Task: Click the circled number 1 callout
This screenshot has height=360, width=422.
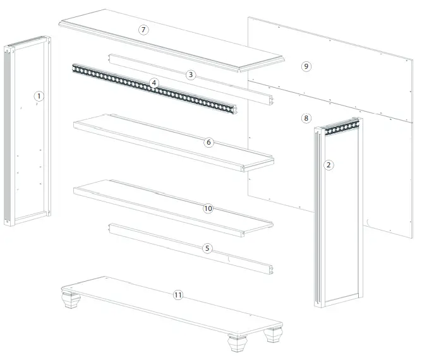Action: pos(39,96)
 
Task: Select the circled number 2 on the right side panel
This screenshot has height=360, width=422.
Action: pos(328,165)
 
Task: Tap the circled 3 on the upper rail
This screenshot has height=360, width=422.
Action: pos(190,75)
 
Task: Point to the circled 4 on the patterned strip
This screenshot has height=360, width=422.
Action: pos(154,83)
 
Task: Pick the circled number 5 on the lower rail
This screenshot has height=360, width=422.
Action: pos(207,248)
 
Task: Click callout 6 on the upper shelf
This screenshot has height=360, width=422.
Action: pos(208,142)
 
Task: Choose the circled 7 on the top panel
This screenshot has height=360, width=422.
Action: pos(144,30)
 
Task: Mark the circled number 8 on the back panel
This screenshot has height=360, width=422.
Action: pos(306,117)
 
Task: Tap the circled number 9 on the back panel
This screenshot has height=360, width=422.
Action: pos(306,66)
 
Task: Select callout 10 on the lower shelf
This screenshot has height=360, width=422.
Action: pos(208,208)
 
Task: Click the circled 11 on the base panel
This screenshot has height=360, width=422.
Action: pos(178,295)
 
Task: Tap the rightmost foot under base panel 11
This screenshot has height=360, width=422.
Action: pos(274,334)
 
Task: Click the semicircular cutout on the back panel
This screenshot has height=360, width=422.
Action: pos(367,222)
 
